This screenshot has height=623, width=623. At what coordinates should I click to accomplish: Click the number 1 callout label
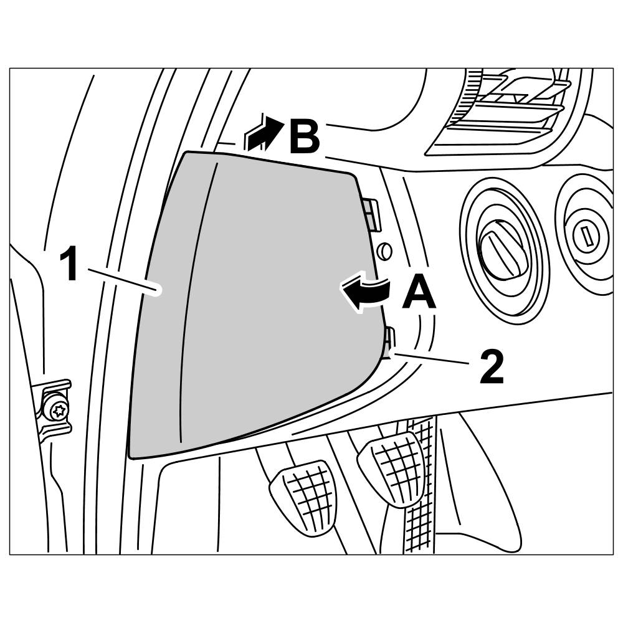[x=69, y=264]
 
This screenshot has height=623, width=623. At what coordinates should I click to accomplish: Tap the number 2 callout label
[x=492, y=368]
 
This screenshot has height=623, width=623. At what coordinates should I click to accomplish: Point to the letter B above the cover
[x=303, y=135]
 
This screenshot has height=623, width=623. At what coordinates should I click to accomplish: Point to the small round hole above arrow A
[x=385, y=251]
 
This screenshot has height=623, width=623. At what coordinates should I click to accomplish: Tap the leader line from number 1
[x=125, y=278]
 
